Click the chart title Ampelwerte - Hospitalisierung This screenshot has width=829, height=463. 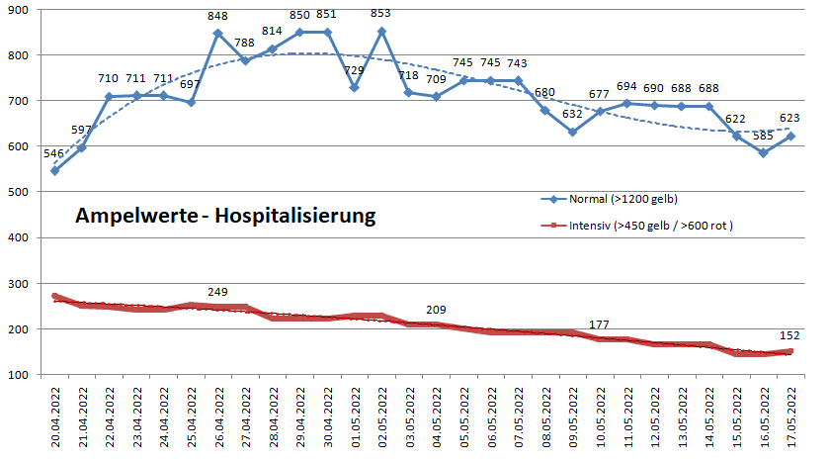pyautogui.click(x=225, y=216)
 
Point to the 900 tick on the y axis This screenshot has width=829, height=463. pyautogui.click(x=19, y=10)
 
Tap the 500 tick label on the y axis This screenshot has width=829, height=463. pyautogui.click(x=19, y=193)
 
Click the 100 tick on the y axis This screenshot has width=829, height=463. pyautogui.click(x=19, y=376)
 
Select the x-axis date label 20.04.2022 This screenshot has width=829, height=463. pyautogui.click(x=55, y=420)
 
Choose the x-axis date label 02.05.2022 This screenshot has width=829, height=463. pyautogui.click(x=382, y=420)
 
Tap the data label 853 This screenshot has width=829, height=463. pyautogui.click(x=381, y=15)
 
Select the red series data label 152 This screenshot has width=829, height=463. pyautogui.click(x=788, y=334)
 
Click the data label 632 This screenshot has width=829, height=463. pyautogui.click(x=572, y=115)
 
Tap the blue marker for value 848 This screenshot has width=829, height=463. pyautogui.click(x=218, y=34)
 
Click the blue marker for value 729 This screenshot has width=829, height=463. pyautogui.click(x=355, y=88)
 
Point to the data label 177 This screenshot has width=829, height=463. pyautogui.click(x=600, y=324)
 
